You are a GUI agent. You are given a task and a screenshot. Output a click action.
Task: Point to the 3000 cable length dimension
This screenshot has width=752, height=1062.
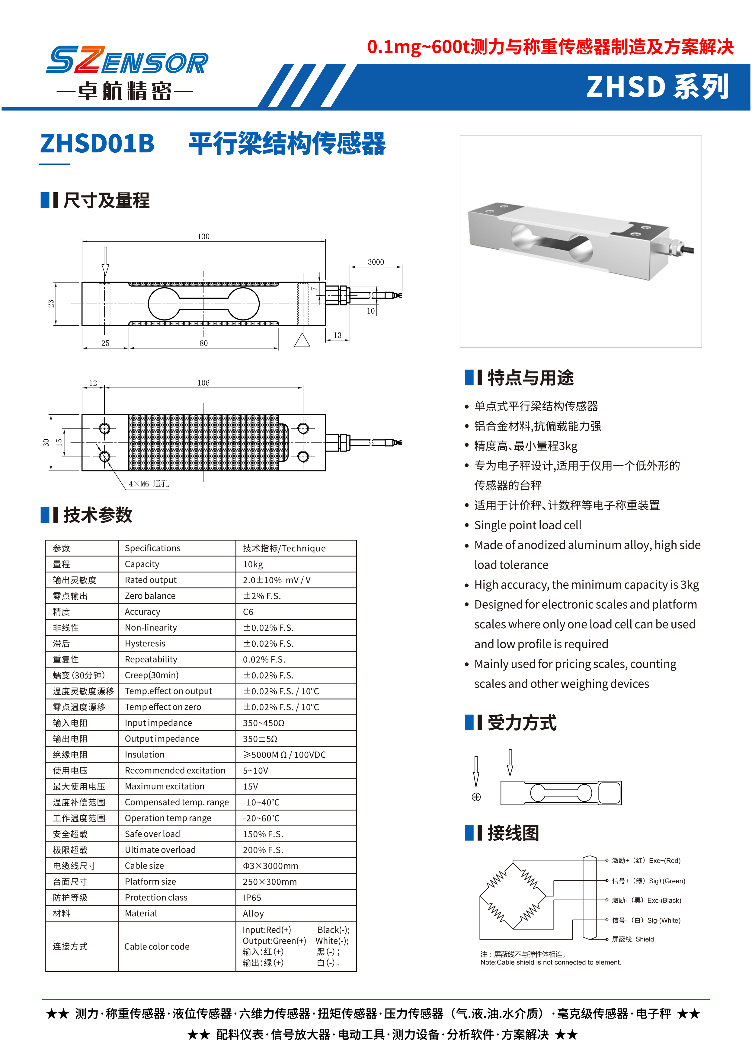tap(376, 262)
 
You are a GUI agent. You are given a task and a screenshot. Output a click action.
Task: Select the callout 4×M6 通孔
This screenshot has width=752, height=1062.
tap(148, 484)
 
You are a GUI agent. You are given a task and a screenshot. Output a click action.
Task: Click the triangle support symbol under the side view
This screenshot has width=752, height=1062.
tap(302, 340)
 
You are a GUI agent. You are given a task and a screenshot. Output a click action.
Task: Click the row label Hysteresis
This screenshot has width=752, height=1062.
tap(145, 643)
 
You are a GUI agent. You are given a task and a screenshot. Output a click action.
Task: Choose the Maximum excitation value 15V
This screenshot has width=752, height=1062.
tap(251, 786)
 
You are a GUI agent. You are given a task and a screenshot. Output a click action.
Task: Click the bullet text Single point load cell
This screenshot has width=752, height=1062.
tap(527, 525)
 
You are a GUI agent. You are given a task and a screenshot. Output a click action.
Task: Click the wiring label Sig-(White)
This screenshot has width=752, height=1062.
tap(664, 920)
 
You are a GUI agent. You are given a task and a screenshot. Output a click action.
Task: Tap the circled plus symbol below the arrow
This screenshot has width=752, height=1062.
tap(476, 797)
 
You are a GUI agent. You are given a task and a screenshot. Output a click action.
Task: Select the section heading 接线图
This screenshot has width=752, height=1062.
tap(513, 833)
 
